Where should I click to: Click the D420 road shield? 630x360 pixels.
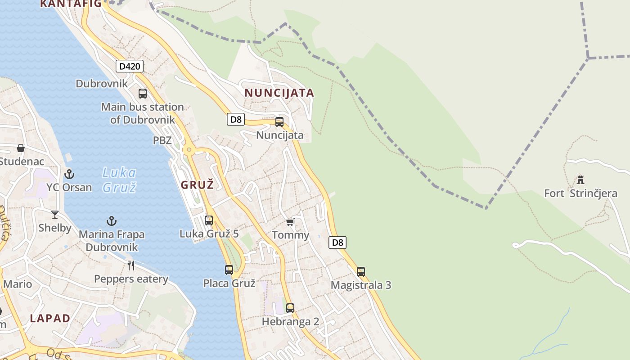click(130, 67)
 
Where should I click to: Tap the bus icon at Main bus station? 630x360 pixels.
click(143, 94)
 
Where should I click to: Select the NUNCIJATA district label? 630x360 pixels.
click(279, 93)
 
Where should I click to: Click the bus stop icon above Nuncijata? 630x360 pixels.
click(279, 122)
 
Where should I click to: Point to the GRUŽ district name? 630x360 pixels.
click(197, 184)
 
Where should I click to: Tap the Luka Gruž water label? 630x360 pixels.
click(119, 180)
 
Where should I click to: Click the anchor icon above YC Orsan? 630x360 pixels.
click(69, 174)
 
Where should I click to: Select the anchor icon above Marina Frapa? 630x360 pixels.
click(112, 221)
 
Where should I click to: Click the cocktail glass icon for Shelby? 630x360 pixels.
click(55, 215)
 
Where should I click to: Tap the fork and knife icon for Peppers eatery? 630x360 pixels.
click(131, 265)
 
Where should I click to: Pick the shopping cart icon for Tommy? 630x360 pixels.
click(290, 222)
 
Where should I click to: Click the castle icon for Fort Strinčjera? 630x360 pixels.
click(580, 180)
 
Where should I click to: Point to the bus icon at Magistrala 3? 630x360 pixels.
click(361, 272)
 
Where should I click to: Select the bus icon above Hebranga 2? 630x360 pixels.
click(290, 308)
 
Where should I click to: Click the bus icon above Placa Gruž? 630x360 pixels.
click(229, 270)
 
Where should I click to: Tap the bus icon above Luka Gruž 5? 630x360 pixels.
click(209, 220)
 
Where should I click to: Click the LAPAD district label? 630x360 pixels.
click(50, 319)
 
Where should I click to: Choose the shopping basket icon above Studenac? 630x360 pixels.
click(21, 148)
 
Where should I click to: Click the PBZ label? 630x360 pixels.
click(162, 140)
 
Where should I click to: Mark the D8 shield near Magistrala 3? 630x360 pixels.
click(337, 243)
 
